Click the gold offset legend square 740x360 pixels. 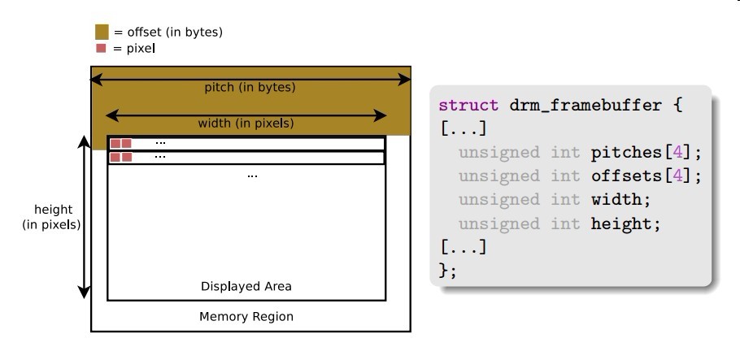click(102, 32)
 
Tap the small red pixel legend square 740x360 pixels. click(101, 48)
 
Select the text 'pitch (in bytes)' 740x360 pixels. click(250, 88)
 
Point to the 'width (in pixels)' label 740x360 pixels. click(246, 124)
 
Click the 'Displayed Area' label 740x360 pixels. click(246, 286)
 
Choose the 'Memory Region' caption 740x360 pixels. click(246, 317)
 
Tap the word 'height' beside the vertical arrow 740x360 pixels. click(54, 210)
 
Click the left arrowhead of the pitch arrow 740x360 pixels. click(96, 80)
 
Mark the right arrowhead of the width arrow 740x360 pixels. click(381, 115)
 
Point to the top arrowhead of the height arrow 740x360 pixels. click(84, 142)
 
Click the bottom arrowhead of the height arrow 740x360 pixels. click(84, 293)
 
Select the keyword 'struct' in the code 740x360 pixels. click(468, 105)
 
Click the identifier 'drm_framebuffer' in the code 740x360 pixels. click(585, 105)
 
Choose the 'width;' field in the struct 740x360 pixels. click(620, 200)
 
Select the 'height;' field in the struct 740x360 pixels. click(626, 223)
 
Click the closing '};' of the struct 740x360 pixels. click(448, 271)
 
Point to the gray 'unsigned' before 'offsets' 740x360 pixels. click(498, 176)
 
